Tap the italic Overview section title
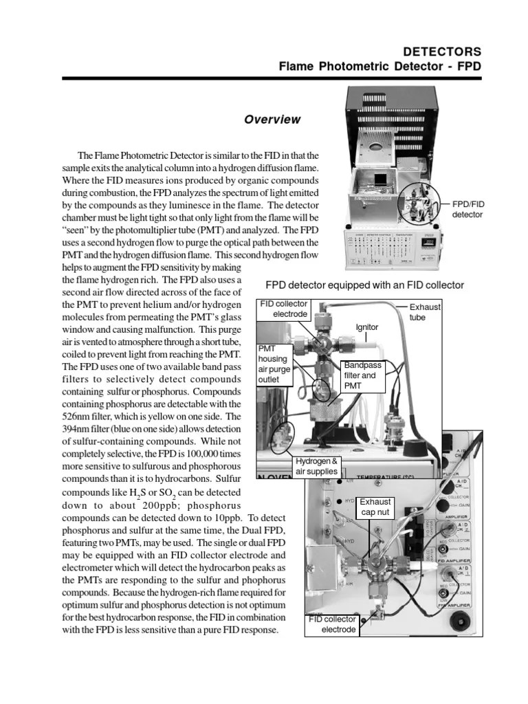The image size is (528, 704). click(x=272, y=120)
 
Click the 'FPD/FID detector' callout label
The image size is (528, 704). click(x=467, y=210)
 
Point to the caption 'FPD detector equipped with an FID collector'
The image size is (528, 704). click(x=365, y=285)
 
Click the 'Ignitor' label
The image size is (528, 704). click(x=366, y=327)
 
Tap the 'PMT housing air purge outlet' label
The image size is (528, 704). click(x=274, y=364)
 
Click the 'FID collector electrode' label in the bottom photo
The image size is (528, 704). click(x=332, y=624)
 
